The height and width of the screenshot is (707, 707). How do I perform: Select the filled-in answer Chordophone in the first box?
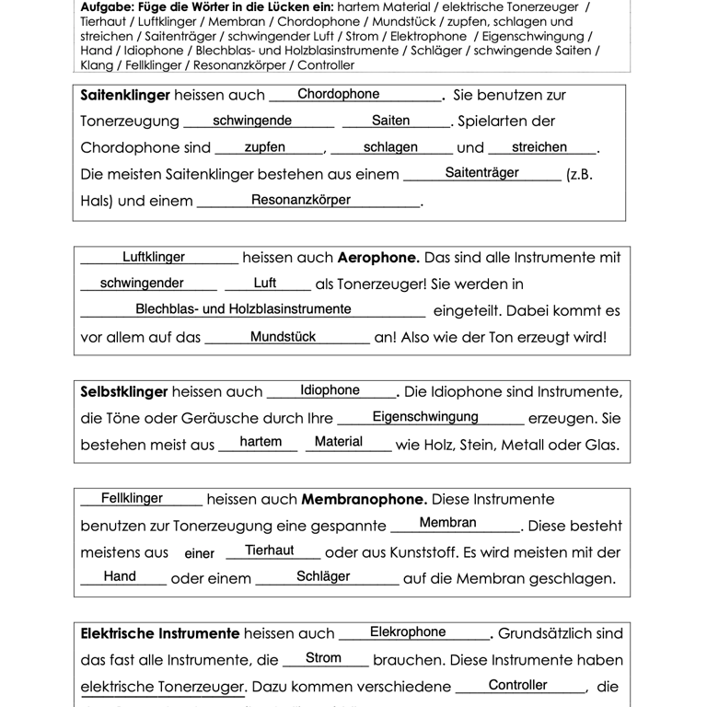pos(338,94)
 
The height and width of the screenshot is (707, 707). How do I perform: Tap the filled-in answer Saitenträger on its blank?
pos(481,172)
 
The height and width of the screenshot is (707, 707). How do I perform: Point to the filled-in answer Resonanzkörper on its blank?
pos(301,200)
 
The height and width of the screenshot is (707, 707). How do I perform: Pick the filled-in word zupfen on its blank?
pos(264,147)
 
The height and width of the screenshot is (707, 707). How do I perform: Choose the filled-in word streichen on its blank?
pos(539,147)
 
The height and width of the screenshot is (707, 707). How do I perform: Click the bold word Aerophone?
pos(378,258)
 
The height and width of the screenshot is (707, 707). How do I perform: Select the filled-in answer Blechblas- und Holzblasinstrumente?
pos(243,309)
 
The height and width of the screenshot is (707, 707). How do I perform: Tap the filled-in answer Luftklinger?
pos(154,258)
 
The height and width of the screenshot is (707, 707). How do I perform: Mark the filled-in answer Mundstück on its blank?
pos(283,337)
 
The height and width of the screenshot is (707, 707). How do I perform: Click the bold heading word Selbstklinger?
pos(124,392)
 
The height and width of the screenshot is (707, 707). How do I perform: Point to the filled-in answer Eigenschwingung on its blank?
pos(425,417)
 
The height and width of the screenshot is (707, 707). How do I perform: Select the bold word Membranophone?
pos(365,500)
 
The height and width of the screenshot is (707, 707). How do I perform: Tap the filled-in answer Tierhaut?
pos(270,551)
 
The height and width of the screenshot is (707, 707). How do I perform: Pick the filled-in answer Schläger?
pos(323,576)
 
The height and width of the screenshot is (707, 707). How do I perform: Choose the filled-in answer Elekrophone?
pos(408,632)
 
